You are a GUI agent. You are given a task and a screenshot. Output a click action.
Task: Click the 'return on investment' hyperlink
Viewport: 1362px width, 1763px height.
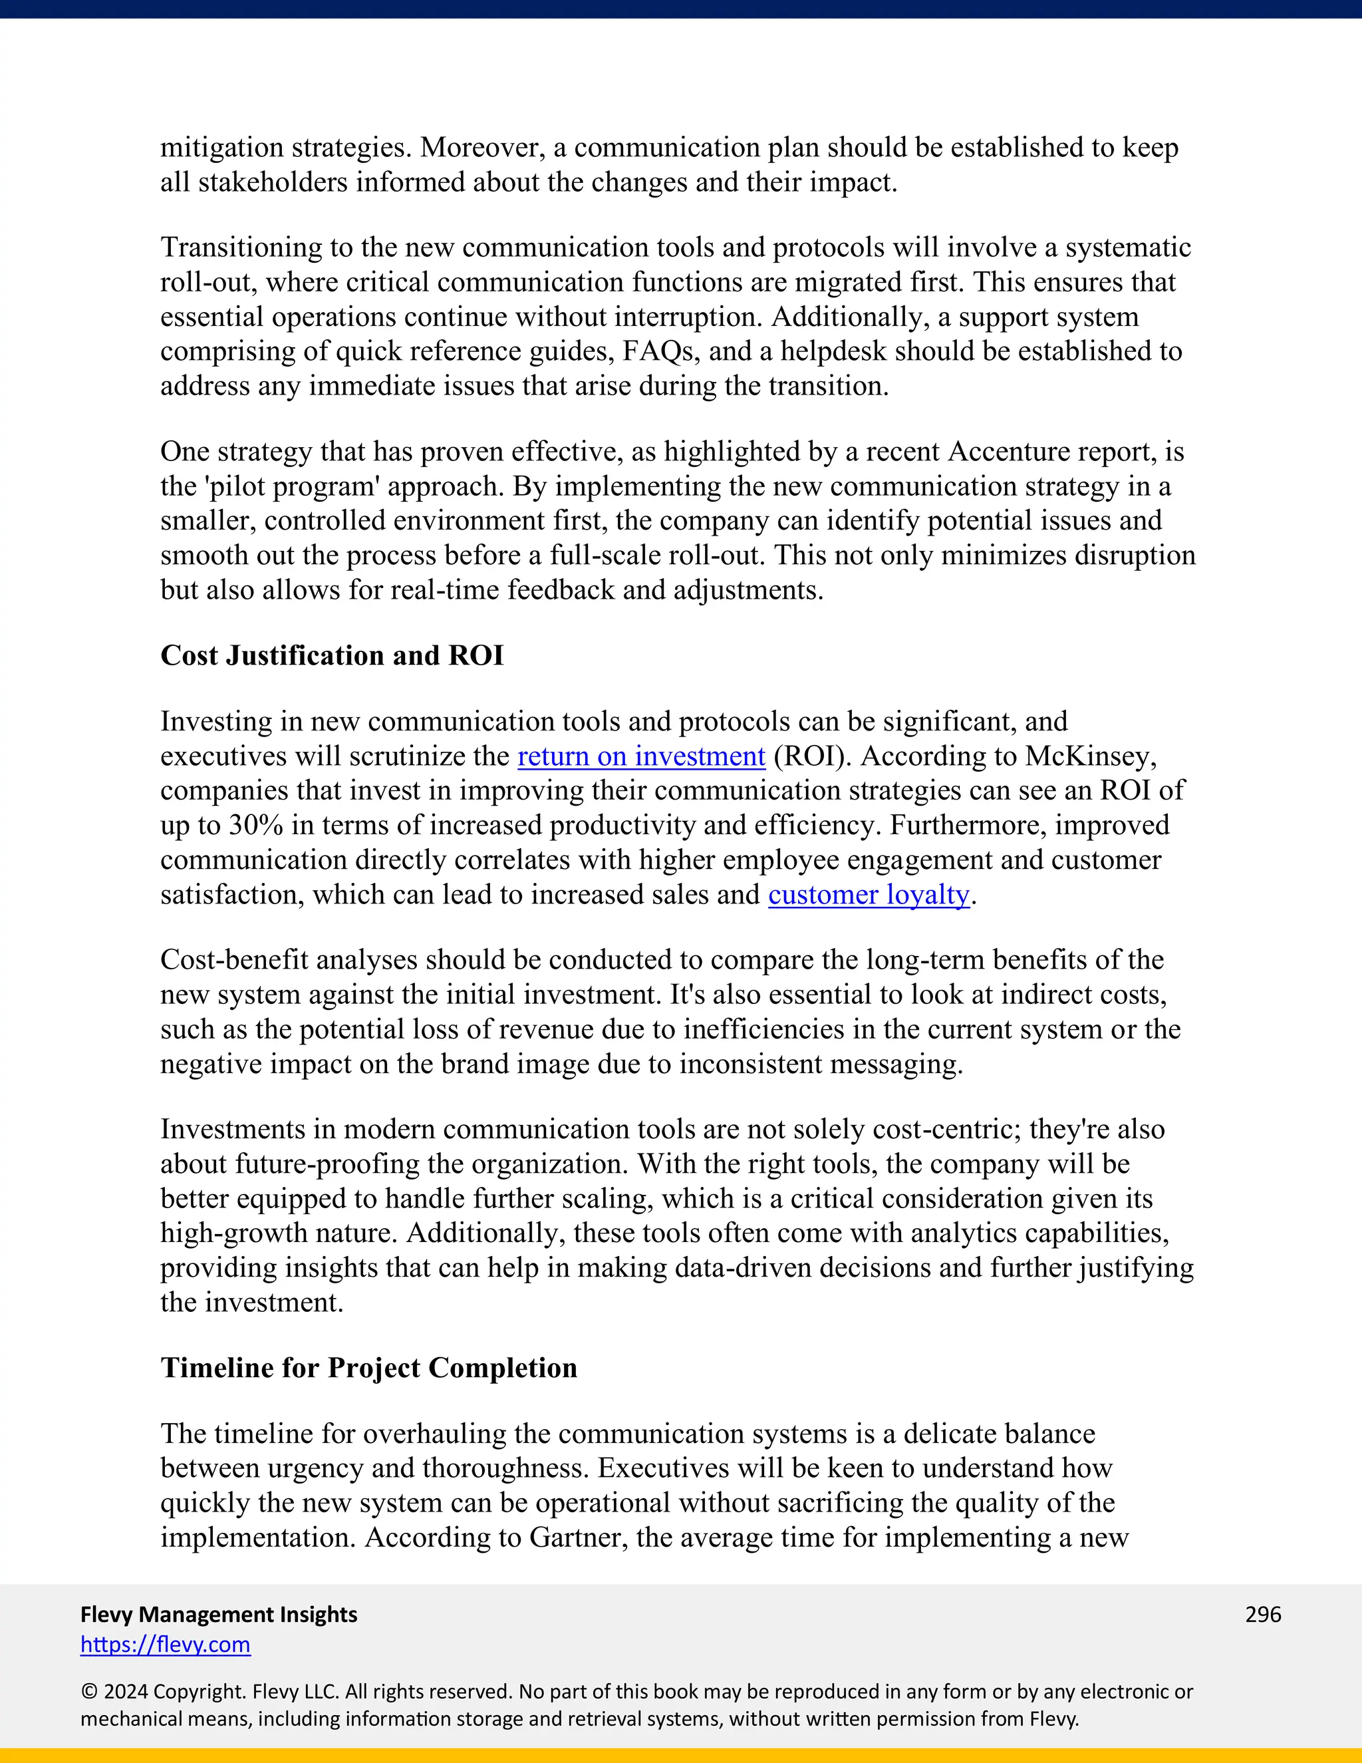(x=640, y=756)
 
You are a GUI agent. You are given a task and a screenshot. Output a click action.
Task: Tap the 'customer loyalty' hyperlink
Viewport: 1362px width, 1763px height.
(x=868, y=895)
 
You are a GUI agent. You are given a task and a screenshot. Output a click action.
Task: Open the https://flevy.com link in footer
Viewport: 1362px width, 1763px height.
(x=166, y=1645)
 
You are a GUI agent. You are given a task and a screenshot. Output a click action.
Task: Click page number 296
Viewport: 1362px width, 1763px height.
(x=1263, y=1614)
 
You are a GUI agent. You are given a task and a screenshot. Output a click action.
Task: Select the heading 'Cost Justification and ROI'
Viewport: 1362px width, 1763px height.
(x=332, y=655)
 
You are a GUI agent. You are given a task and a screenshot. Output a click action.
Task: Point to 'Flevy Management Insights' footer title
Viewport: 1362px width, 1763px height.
(x=219, y=1614)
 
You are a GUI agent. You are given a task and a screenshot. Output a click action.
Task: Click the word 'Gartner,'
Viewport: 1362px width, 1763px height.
(x=579, y=1537)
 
